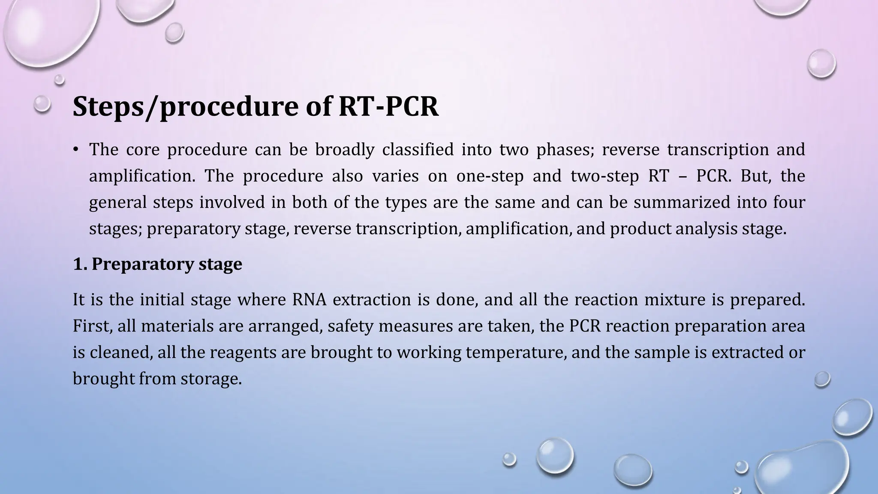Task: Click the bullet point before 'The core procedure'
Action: click(75, 149)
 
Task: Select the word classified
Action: click(418, 149)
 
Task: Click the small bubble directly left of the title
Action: click(42, 104)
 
